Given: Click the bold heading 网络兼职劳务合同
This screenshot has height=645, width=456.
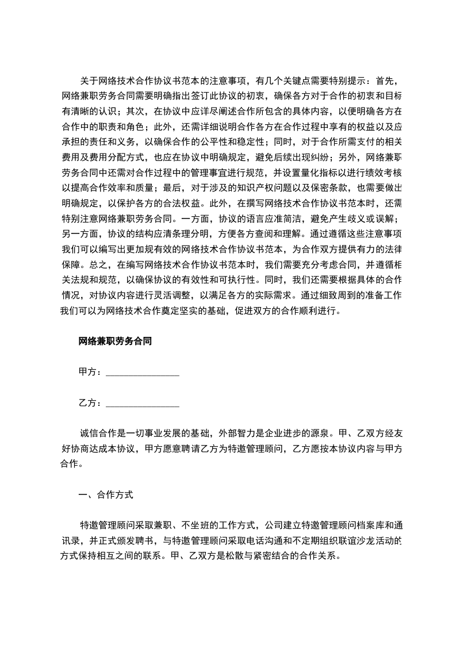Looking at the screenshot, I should pos(115,341).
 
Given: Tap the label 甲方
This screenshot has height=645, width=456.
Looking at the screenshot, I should pos(87,372).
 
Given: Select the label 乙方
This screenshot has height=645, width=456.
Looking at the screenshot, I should pos(87,403).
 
